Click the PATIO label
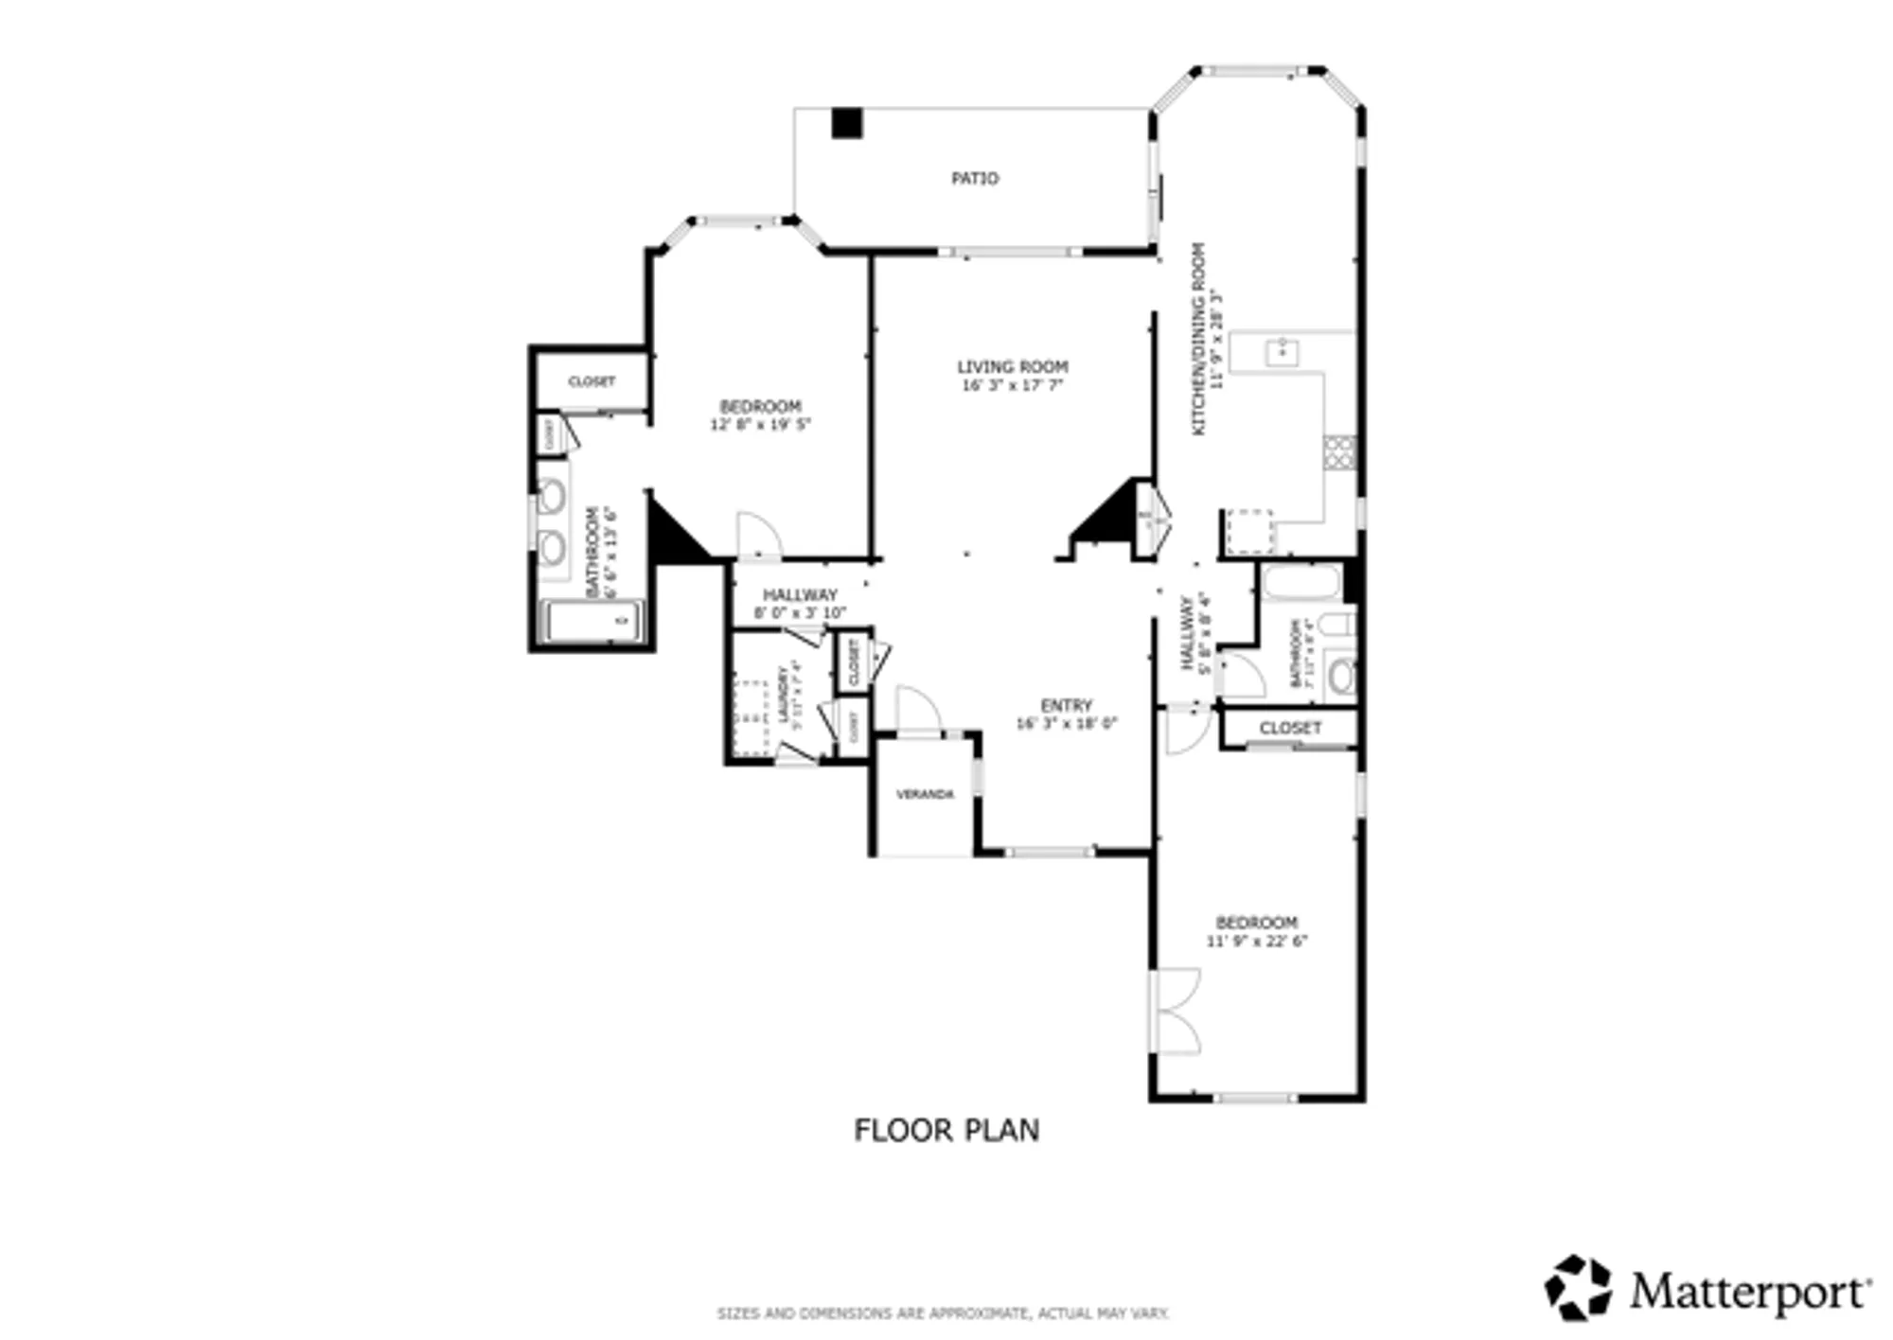pyautogui.click(x=974, y=178)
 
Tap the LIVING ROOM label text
pyautogui.click(x=1012, y=366)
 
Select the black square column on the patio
pyautogui.click(x=846, y=124)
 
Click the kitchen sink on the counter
pyautogui.click(x=1282, y=352)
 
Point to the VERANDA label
pyautogui.click(x=924, y=794)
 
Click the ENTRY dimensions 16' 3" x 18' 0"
pyautogui.click(x=1066, y=724)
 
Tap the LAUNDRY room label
pyautogui.click(x=784, y=696)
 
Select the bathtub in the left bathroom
pyautogui.click(x=593, y=622)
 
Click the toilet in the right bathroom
pyautogui.click(x=1338, y=624)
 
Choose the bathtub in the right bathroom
pyautogui.click(x=1301, y=582)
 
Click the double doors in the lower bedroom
pyautogui.click(x=1176, y=1012)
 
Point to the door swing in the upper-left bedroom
pyautogui.click(x=758, y=535)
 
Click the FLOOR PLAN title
pyautogui.click(x=946, y=1130)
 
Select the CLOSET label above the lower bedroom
pyautogui.click(x=1289, y=728)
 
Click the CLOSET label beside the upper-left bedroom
pyautogui.click(x=591, y=381)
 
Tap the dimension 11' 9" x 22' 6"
pyautogui.click(x=1256, y=942)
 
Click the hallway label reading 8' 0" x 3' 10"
pyautogui.click(x=800, y=613)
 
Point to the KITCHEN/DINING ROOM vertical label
pyautogui.click(x=1198, y=339)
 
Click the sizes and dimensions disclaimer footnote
pyautogui.click(x=943, y=1314)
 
